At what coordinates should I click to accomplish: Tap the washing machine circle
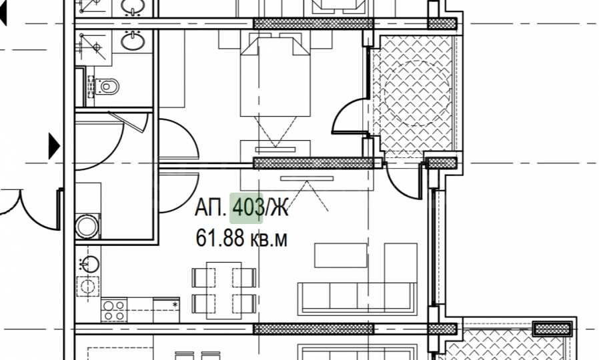pyautogui.click(x=87, y=225)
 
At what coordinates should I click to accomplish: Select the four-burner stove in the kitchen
pyautogui.click(x=113, y=311)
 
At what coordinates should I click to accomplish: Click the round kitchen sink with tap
pyautogui.click(x=89, y=265)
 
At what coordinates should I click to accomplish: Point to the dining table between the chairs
pyautogui.click(x=223, y=287)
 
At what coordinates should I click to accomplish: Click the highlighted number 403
pyautogui.click(x=248, y=208)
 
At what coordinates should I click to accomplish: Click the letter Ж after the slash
pyautogui.click(x=279, y=208)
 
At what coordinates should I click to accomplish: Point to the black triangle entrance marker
pyautogui.click(x=54, y=146)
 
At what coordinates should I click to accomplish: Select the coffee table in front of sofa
pyautogui.click(x=341, y=255)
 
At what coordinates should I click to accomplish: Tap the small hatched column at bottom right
pyautogui.click(x=552, y=329)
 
